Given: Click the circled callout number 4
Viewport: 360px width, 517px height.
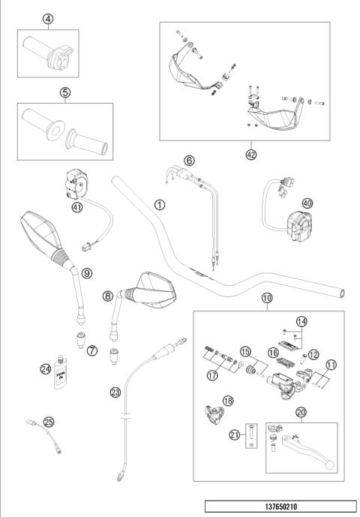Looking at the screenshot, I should tap(48, 19).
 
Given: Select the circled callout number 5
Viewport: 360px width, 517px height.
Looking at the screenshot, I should tap(64, 92).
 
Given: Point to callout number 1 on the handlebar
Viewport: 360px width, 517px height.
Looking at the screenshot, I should tap(159, 203).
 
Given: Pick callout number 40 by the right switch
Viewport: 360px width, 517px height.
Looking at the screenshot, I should tap(306, 203).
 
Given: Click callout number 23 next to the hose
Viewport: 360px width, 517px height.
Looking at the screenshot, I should tap(115, 391).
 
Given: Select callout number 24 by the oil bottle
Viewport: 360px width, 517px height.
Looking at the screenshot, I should tap(44, 368).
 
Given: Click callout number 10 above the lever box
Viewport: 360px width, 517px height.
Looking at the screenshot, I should tap(268, 299).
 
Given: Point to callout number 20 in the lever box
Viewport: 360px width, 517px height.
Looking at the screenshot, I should tap(301, 411).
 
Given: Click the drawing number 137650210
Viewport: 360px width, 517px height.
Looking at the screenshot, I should tap(280, 506).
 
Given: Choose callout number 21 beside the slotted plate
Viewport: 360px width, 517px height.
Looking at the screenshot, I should tap(235, 433).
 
